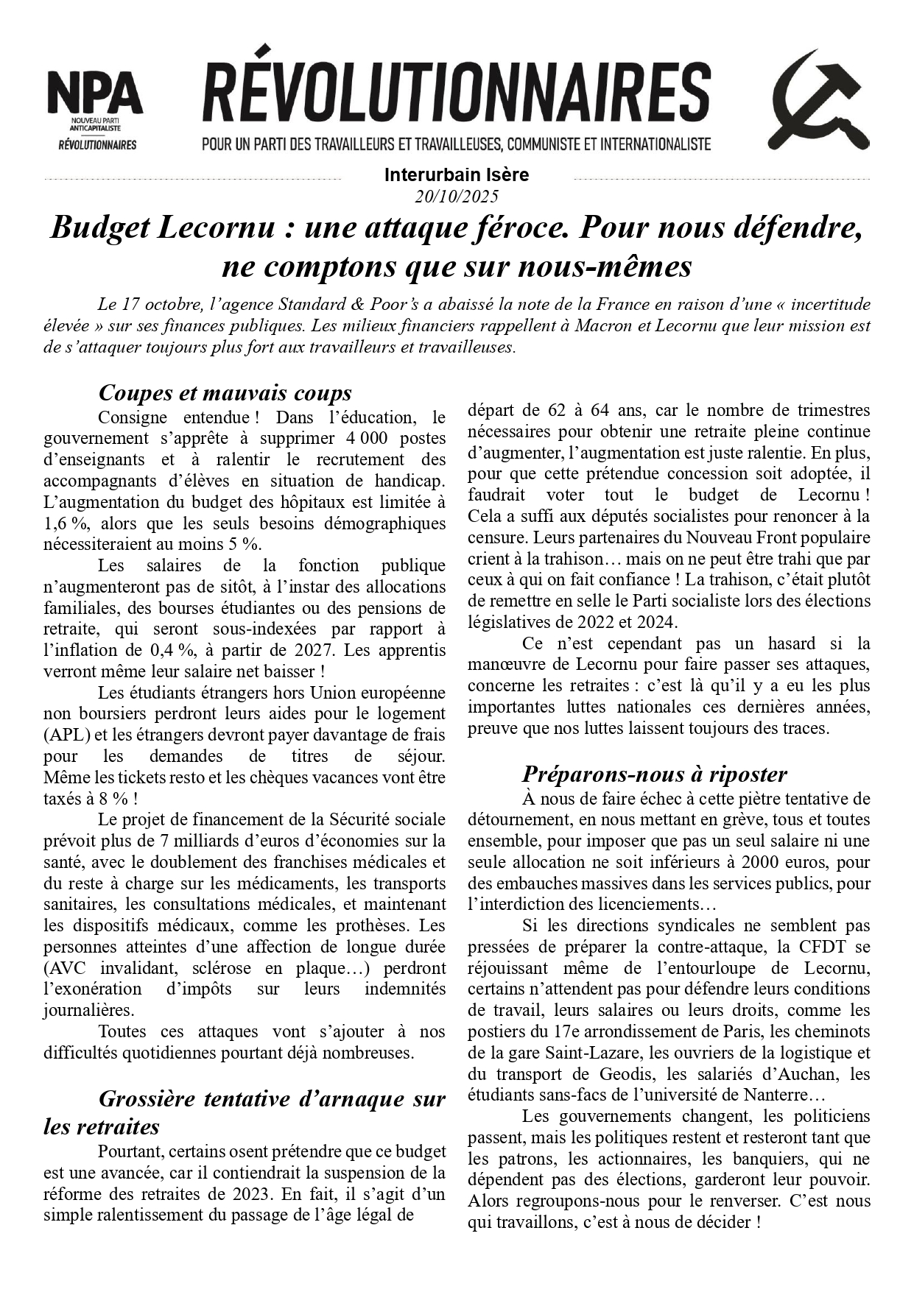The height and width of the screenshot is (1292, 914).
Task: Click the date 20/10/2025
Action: (457, 197)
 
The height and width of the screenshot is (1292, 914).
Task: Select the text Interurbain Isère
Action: (457, 175)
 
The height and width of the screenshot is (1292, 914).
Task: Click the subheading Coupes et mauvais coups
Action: (225, 392)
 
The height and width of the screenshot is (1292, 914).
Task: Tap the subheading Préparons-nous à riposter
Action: (654, 774)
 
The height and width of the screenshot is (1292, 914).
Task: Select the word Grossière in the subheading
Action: (146, 1099)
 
